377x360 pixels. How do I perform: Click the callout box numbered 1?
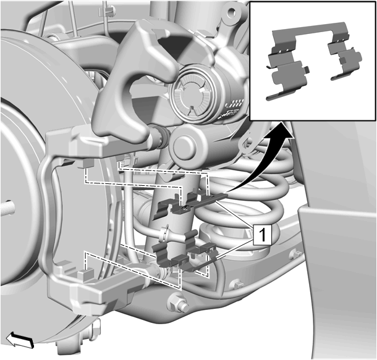[263, 235]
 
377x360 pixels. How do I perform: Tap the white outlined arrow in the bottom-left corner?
[20, 340]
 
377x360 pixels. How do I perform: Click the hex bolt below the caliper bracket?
[179, 303]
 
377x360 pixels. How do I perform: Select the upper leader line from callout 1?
[234, 214]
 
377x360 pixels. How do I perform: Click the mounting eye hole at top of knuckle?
[232, 12]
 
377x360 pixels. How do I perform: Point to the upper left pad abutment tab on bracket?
[86, 163]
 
